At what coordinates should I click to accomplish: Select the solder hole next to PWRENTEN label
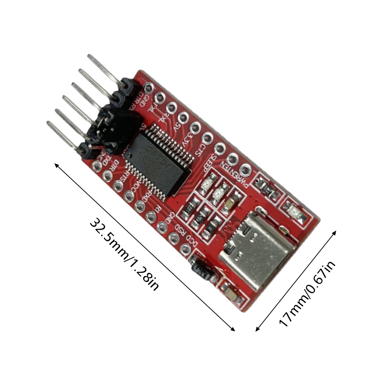(x=246, y=170)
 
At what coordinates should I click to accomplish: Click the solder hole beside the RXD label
(x=140, y=206)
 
